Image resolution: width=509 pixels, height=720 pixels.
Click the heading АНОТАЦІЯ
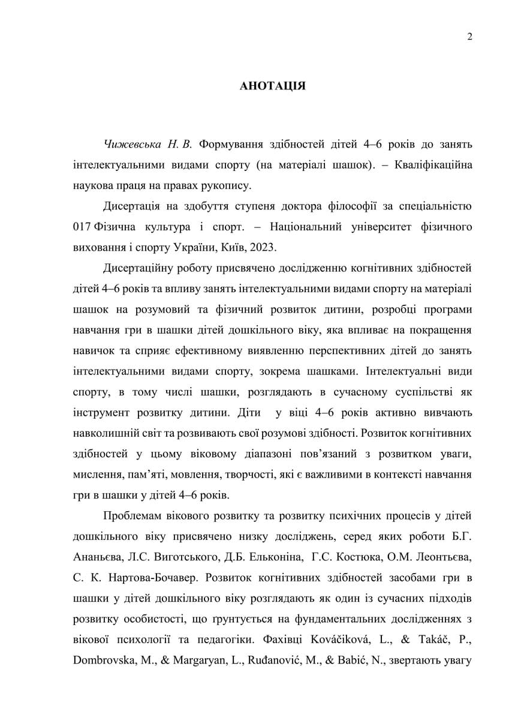point(272,86)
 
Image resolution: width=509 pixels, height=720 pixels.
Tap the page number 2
point(469,37)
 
